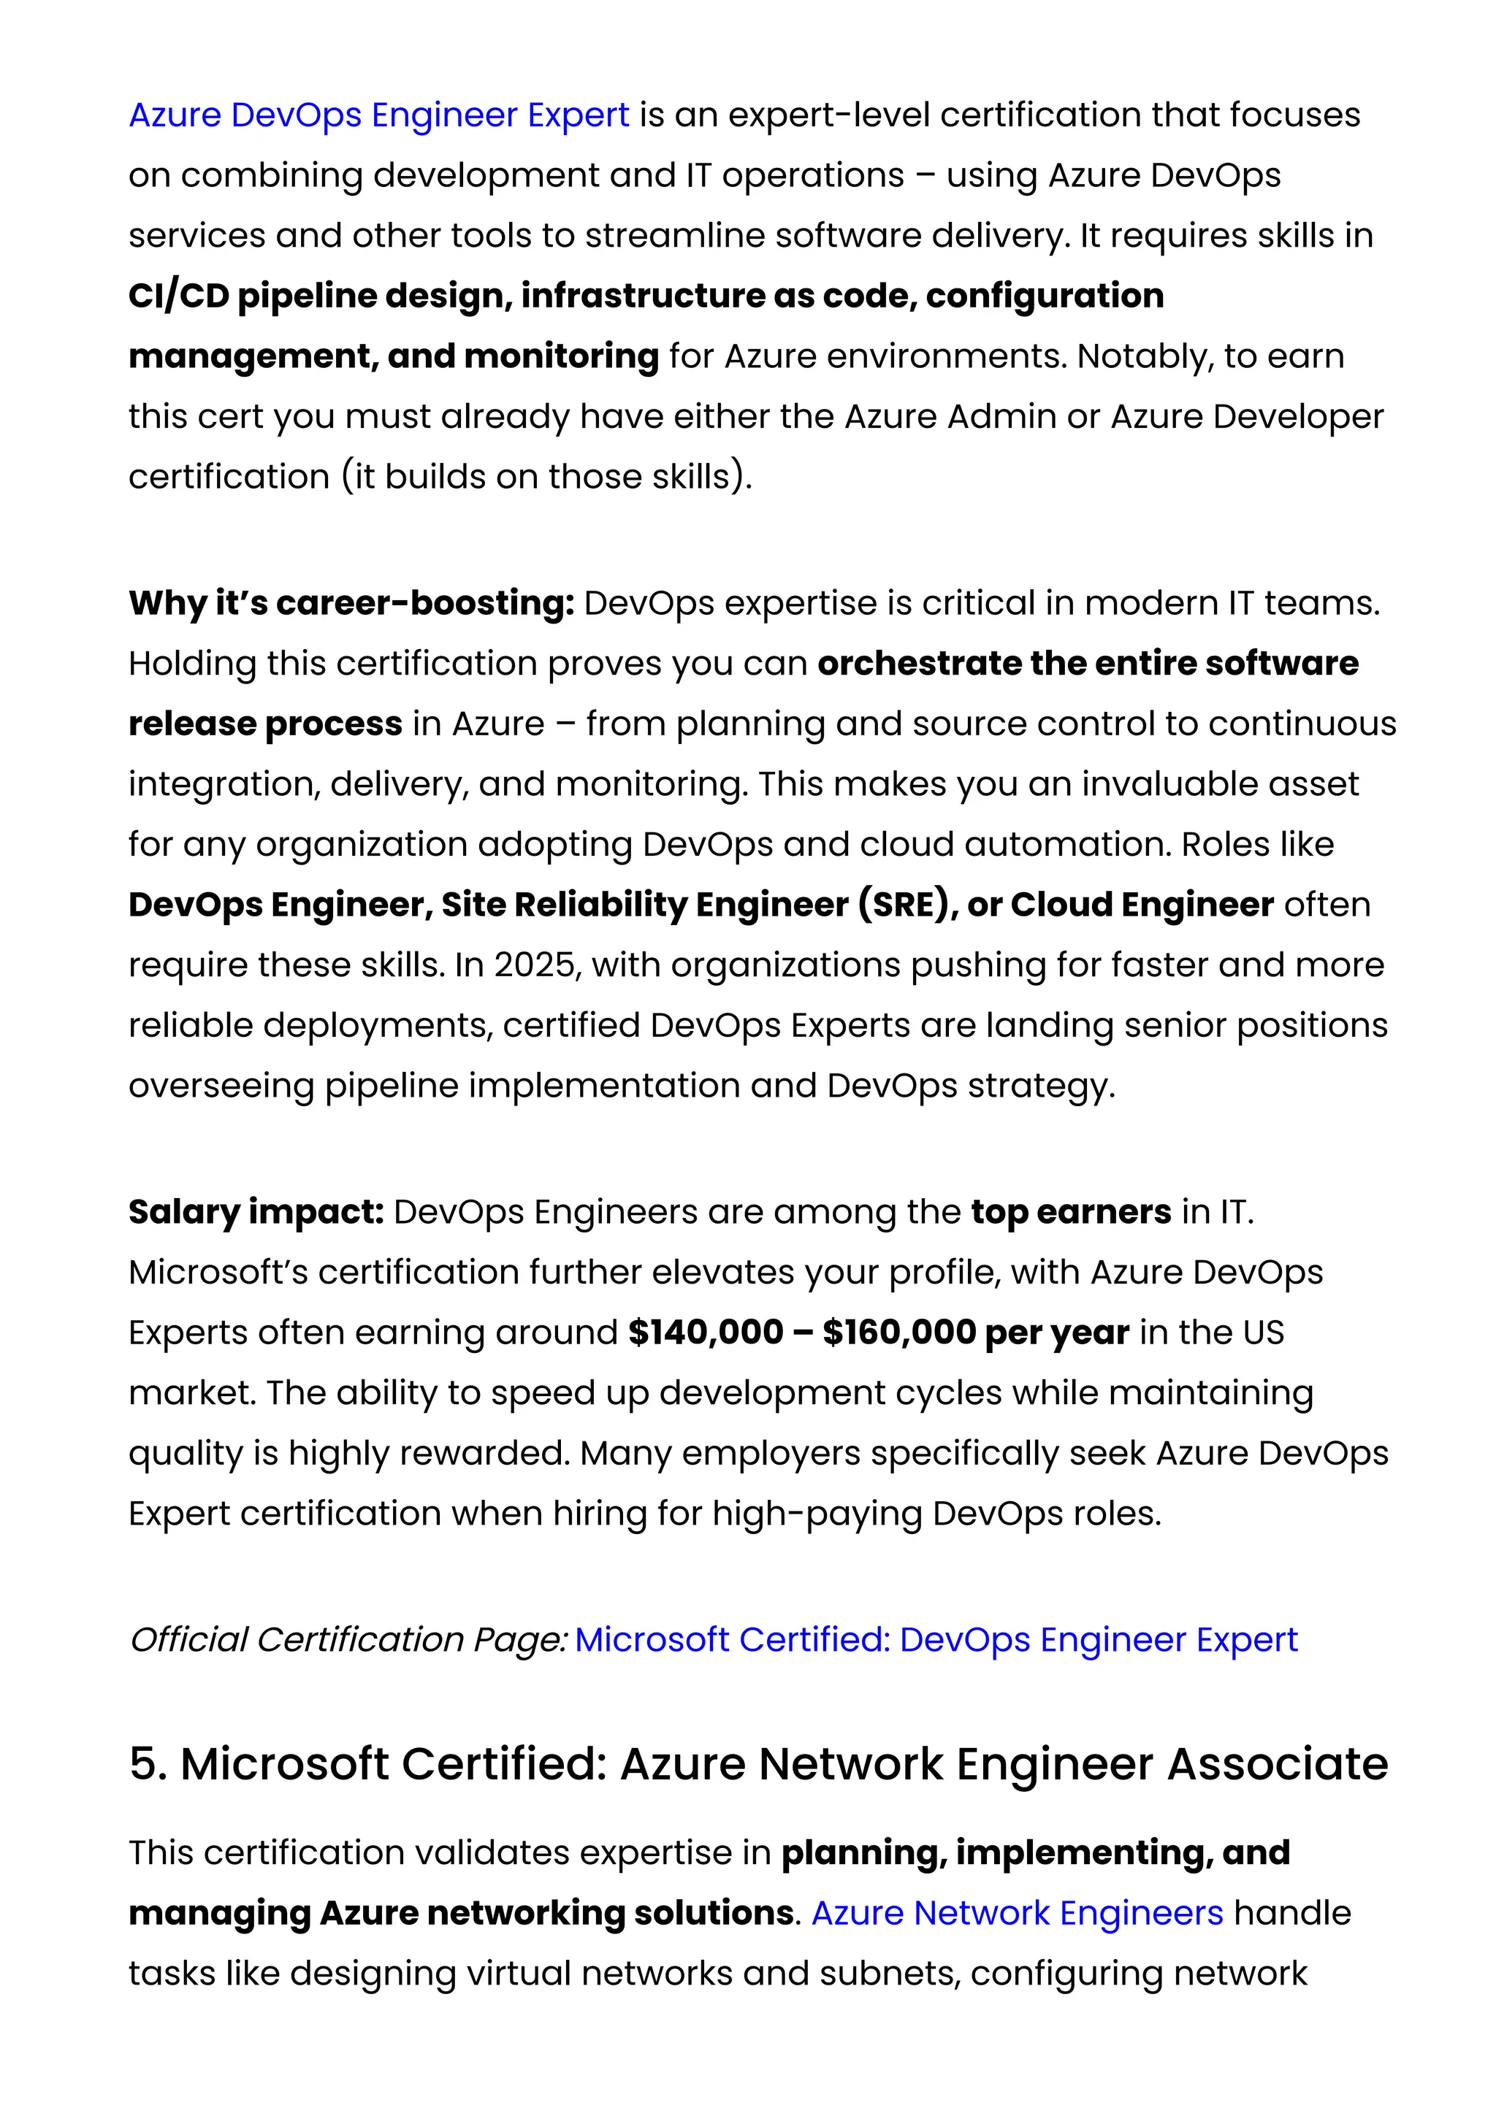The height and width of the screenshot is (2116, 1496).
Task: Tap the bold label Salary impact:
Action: [256, 1211]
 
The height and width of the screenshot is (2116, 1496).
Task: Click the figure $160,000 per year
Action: [975, 1332]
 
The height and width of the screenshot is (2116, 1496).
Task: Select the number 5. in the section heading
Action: [148, 1764]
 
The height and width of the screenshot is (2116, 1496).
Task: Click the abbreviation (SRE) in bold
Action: [902, 904]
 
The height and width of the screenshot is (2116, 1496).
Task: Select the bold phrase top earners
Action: [1070, 1211]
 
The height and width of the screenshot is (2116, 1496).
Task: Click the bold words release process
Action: [265, 724]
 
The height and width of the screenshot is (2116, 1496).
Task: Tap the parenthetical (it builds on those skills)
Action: [546, 477]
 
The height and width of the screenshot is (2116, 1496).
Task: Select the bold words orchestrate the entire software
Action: [1088, 664]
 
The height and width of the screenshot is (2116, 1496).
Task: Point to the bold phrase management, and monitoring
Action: [394, 356]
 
